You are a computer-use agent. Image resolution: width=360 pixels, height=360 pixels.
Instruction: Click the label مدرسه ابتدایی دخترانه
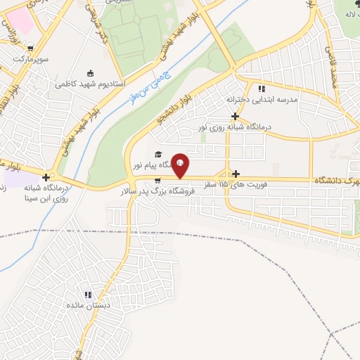[x=269, y=100]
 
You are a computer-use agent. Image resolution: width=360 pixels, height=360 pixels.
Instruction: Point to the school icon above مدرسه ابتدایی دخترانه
[x=262, y=89]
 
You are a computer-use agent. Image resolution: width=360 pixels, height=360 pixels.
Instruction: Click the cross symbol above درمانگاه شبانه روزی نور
[x=236, y=116]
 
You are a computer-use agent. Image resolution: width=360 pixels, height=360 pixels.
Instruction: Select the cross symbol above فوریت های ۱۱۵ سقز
[x=236, y=174]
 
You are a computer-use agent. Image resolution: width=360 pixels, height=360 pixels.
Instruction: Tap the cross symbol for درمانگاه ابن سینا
[x=46, y=177]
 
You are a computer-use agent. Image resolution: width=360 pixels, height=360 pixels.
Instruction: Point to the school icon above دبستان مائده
[x=88, y=295]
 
